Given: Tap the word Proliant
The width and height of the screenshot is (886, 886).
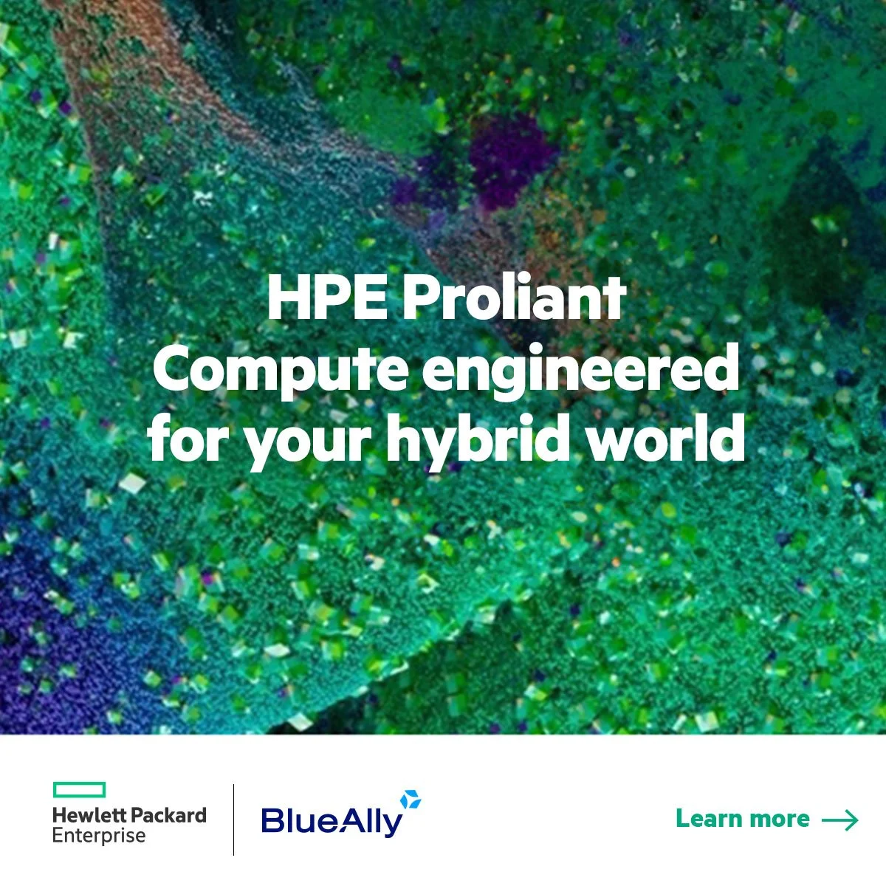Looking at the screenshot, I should [x=515, y=298].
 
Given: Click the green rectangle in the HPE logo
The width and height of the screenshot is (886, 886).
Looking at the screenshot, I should [x=79, y=790].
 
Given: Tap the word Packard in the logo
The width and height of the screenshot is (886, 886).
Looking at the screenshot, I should [x=168, y=815].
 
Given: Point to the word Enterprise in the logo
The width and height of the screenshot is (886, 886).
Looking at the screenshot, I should [x=99, y=836].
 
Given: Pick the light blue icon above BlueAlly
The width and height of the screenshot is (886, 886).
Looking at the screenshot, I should [x=411, y=799].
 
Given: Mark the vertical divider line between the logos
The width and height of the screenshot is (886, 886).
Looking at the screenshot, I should [x=234, y=820].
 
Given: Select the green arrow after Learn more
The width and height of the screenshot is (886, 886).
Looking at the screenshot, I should [x=840, y=820].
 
